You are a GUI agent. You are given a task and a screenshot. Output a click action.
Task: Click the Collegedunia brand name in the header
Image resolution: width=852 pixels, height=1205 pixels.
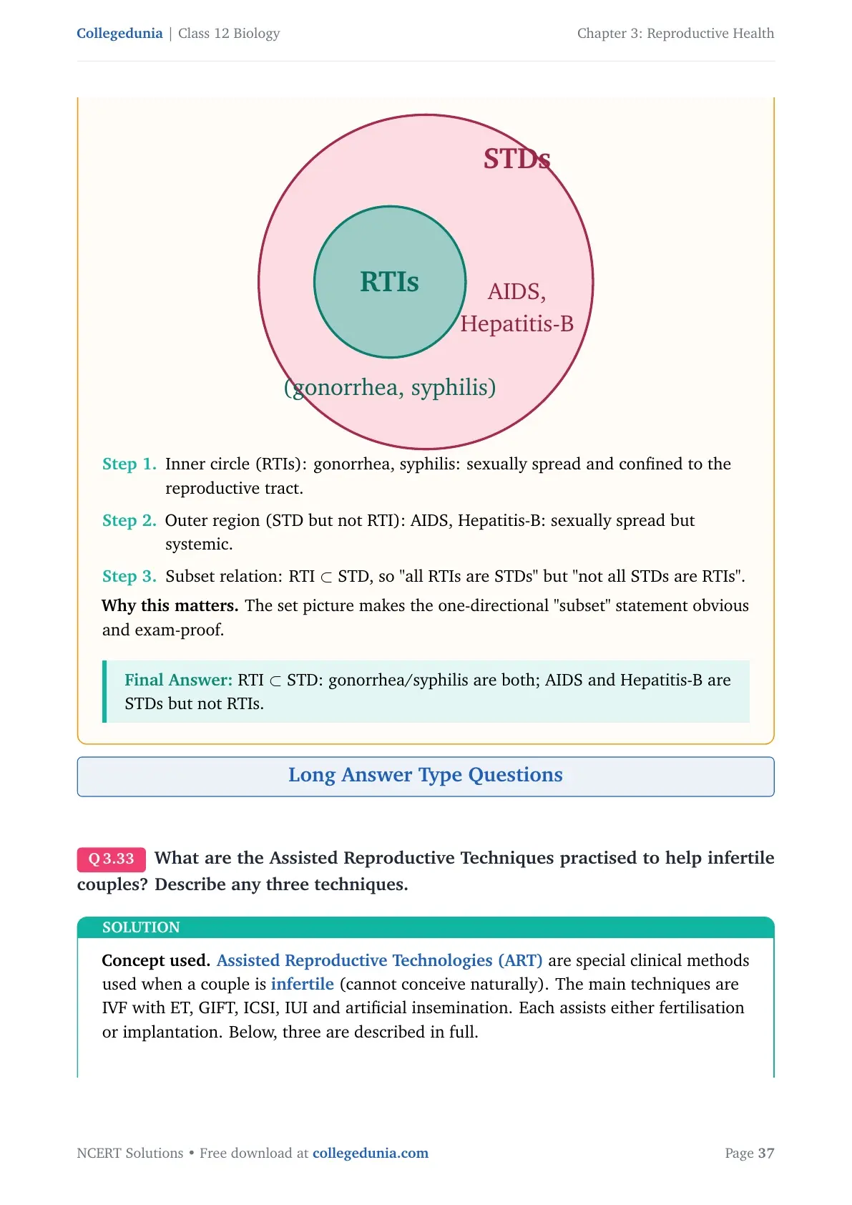pyautogui.click(x=119, y=34)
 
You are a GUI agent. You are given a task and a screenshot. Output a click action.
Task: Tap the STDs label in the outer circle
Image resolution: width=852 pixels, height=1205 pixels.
pyautogui.click(x=516, y=159)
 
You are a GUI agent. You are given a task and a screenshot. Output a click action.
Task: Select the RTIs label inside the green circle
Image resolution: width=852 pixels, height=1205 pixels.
pyautogui.click(x=389, y=281)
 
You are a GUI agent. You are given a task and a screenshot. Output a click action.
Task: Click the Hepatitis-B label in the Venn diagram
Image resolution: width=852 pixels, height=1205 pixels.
pyautogui.click(x=516, y=324)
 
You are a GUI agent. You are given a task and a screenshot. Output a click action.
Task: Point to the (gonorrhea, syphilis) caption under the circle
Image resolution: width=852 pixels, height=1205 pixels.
pyautogui.click(x=390, y=387)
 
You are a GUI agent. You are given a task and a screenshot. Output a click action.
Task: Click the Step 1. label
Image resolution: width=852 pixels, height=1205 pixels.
pyautogui.click(x=129, y=464)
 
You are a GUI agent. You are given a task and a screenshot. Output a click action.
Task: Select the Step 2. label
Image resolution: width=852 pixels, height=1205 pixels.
pyautogui.click(x=129, y=520)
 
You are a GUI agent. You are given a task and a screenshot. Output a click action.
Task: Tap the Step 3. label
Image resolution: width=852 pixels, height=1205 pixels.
pyautogui.click(x=129, y=576)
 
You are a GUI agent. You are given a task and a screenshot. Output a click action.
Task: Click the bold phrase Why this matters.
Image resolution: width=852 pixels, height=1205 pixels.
pyautogui.click(x=170, y=606)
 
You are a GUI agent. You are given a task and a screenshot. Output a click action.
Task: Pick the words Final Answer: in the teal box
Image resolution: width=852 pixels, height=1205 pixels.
pyautogui.click(x=179, y=680)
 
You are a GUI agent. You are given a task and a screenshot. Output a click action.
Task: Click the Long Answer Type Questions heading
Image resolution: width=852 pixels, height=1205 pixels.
pyautogui.click(x=426, y=775)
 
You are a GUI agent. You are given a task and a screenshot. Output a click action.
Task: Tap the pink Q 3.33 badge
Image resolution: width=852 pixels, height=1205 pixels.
pyautogui.click(x=112, y=859)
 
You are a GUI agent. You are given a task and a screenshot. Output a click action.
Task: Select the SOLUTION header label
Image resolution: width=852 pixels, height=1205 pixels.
pyautogui.click(x=141, y=927)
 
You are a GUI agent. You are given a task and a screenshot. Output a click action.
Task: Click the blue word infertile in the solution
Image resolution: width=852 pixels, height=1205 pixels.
pyautogui.click(x=303, y=984)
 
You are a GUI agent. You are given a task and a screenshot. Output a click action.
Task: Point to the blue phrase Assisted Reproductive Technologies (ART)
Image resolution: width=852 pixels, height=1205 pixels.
pyautogui.click(x=379, y=960)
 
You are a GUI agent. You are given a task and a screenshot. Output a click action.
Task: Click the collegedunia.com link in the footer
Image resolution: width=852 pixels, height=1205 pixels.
pyautogui.click(x=371, y=1153)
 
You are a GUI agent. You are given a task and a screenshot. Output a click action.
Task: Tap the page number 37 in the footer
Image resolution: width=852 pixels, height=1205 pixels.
pyautogui.click(x=766, y=1153)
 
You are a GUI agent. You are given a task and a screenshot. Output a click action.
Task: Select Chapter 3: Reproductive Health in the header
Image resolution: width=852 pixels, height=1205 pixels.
pyautogui.click(x=675, y=34)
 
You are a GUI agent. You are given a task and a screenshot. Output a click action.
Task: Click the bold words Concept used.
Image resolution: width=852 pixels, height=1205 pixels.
pyautogui.click(x=156, y=960)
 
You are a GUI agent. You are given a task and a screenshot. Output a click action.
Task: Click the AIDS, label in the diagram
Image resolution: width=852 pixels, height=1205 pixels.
pyautogui.click(x=516, y=291)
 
